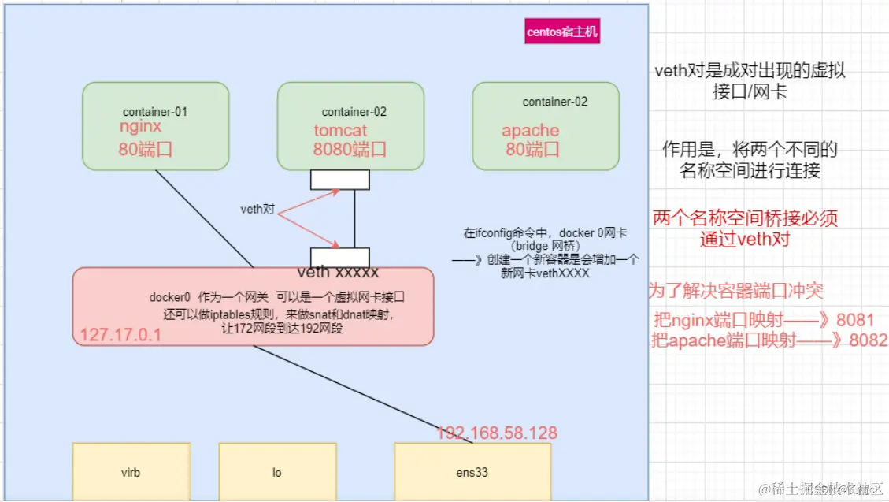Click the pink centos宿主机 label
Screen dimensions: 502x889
562,32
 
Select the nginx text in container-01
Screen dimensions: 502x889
140,127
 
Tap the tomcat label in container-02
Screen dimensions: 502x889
340,131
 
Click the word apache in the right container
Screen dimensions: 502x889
530,131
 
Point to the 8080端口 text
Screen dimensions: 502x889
350,150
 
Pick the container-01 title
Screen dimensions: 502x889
155,112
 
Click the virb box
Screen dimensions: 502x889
131,473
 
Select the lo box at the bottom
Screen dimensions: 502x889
277,473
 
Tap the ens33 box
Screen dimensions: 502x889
472,473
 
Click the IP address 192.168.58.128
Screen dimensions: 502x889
497,433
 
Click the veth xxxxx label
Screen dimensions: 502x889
338,273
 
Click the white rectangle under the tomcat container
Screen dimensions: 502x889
339,180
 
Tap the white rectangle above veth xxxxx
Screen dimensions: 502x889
339,257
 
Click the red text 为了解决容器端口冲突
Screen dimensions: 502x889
735,291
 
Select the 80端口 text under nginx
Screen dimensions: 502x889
145,149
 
